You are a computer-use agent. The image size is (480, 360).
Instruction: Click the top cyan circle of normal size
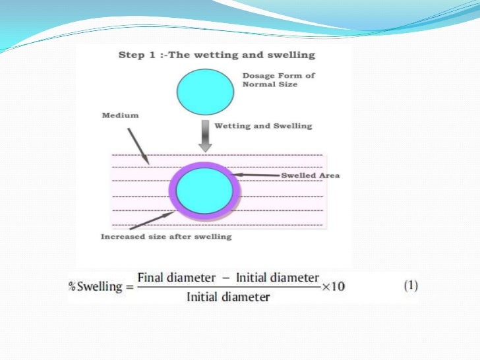coord(204,92)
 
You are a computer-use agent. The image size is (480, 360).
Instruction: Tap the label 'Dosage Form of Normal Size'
coord(278,80)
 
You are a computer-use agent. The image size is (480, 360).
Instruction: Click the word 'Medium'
coord(120,115)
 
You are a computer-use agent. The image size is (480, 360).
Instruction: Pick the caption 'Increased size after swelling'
coord(166,236)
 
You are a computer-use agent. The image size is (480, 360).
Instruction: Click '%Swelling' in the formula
coord(95,287)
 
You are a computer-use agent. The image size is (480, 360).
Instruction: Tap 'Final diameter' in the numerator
coord(179,278)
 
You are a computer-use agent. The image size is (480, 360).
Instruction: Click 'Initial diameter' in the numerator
coord(277,278)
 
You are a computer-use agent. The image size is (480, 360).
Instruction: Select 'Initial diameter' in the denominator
coord(228,297)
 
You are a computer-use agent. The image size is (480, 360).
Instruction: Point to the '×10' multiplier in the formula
coord(334,287)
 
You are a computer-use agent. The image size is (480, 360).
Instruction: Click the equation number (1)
coord(410,286)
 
